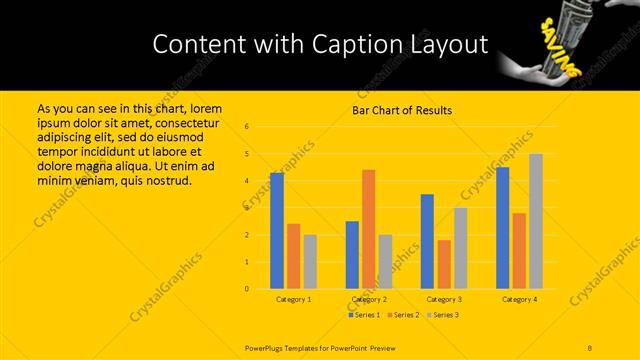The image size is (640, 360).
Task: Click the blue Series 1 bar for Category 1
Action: pos(277,230)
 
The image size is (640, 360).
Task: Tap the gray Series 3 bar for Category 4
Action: pos(536,221)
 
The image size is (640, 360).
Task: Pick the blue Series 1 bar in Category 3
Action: pos(427,241)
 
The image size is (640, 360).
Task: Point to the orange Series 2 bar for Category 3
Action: pos(444,264)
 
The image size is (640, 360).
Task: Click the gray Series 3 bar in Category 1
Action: pos(310,261)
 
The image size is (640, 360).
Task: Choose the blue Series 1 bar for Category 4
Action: pos(502,228)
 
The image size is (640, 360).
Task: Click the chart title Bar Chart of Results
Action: pos(402,110)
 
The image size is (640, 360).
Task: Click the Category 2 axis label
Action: pos(369,299)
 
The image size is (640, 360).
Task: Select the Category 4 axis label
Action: pos(519,299)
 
